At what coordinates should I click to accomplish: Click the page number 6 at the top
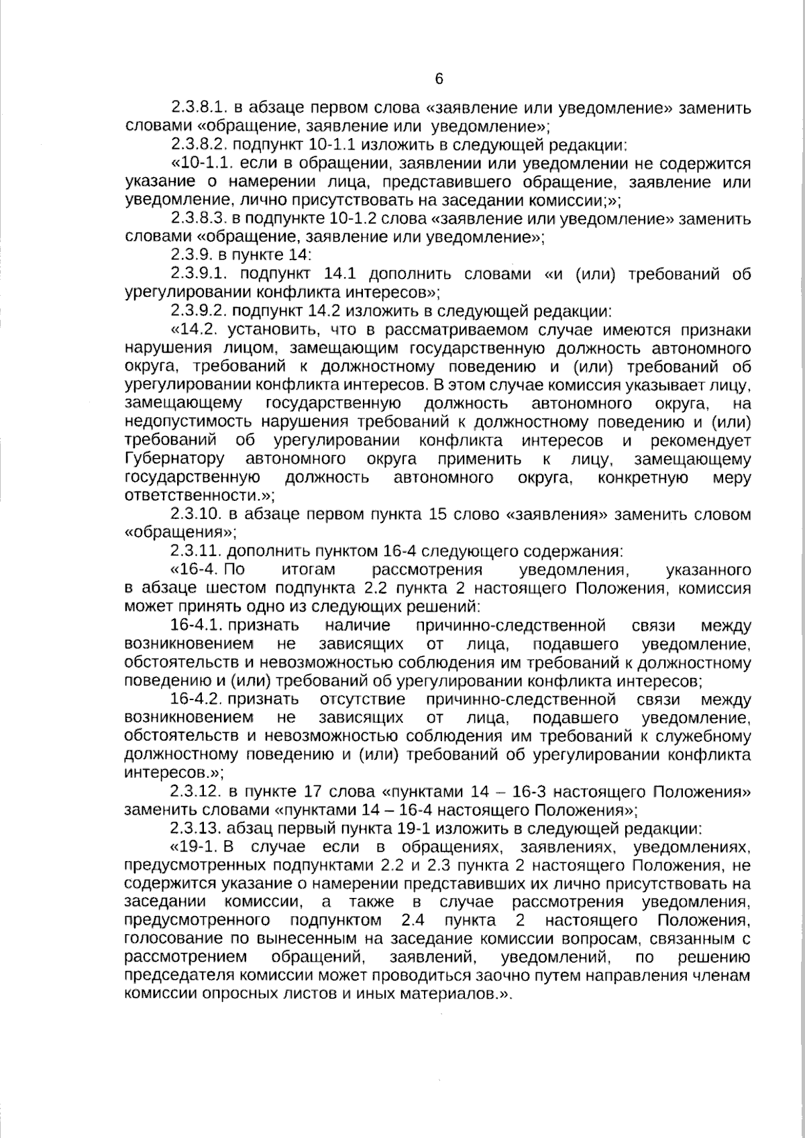pos(439,79)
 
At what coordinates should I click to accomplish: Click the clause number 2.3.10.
pos(197,515)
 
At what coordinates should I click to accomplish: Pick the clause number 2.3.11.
pos(196,552)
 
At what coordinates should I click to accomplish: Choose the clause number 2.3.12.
pos(196,791)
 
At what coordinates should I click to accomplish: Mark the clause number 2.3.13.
pos(196,828)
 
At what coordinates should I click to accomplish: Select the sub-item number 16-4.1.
pos(196,626)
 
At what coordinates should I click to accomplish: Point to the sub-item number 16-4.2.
pos(196,700)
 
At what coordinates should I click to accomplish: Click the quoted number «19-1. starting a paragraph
pos(195,846)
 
